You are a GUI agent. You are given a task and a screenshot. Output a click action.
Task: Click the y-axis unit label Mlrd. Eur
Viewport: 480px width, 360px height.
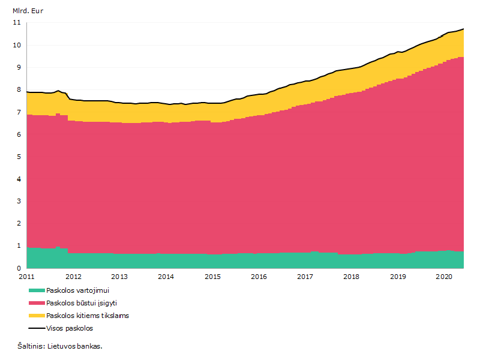tap(28, 11)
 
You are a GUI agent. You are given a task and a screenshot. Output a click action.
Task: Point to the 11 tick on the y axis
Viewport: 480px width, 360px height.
tap(17, 22)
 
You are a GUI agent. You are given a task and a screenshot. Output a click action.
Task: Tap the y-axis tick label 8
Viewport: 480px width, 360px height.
tap(19, 89)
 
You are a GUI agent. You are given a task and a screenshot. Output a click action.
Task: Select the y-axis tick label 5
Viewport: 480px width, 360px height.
tap(19, 157)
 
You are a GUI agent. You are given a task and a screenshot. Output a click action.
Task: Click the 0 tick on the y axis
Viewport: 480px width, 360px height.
tap(19, 268)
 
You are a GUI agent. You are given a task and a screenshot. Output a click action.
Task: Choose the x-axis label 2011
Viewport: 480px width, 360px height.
tap(26, 277)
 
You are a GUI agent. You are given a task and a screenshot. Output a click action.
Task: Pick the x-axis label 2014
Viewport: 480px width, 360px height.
tap(166, 277)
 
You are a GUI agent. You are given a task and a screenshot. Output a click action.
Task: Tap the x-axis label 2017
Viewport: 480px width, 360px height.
tap(305, 277)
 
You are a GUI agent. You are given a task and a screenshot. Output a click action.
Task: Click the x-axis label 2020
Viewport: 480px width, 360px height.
tap(444, 277)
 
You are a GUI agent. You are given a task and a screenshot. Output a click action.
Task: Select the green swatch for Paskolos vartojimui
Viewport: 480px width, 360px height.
tap(37, 290)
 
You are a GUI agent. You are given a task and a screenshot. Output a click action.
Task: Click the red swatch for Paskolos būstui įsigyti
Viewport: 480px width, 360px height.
tap(37, 303)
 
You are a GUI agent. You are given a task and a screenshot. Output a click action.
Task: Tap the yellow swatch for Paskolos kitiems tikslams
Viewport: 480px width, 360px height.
tap(37, 316)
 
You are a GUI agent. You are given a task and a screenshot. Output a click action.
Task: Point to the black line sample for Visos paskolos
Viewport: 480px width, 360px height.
tap(37, 328)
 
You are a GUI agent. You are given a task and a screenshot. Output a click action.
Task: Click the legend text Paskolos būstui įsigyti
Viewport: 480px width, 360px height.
tap(82, 303)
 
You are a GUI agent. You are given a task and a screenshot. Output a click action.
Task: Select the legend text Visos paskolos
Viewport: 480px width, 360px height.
tap(70, 328)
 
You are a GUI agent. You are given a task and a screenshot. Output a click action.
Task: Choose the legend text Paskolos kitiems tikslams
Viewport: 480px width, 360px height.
tap(88, 316)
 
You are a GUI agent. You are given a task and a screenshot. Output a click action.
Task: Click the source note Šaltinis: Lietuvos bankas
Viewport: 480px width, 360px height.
tap(60, 346)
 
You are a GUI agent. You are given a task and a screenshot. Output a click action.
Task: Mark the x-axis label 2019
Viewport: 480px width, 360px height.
tap(398, 277)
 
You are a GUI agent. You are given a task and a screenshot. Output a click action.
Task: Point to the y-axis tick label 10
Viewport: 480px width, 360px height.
tap(17, 45)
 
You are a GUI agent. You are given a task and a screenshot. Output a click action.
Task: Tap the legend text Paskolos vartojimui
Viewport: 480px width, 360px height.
tap(77, 290)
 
